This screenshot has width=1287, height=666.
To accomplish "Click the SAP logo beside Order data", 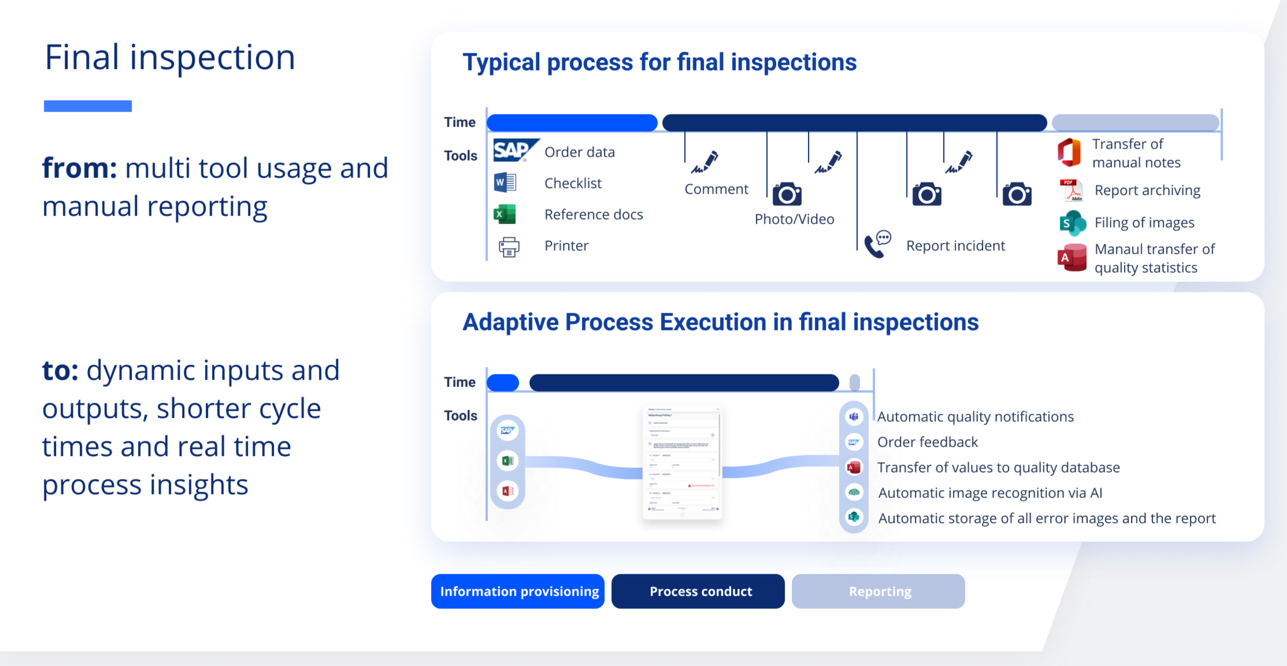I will pyautogui.click(x=514, y=151).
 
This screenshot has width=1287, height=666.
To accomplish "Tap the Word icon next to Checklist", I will pyautogui.click(x=505, y=183).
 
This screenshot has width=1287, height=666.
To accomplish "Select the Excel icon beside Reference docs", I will pyautogui.click(x=505, y=214).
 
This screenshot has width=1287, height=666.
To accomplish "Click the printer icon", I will pyautogui.click(x=509, y=247).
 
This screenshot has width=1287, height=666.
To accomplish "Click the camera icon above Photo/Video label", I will pyautogui.click(x=787, y=195).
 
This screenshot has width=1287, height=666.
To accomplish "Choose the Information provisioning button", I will pyautogui.click(x=518, y=591).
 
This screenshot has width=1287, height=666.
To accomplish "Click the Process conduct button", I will pyautogui.click(x=698, y=591).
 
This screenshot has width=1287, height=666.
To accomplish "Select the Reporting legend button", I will pyautogui.click(x=878, y=591).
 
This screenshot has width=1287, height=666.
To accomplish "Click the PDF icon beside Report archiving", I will pyautogui.click(x=1071, y=190).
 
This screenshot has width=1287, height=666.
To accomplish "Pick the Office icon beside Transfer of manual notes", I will pyautogui.click(x=1069, y=152).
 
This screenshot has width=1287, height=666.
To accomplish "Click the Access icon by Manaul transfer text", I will pyautogui.click(x=1071, y=258).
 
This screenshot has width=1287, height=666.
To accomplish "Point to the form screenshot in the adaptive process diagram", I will pyautogui.click(x=683, y=463).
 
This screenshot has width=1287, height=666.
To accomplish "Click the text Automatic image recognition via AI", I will pyautogui.click(x=990, y=493).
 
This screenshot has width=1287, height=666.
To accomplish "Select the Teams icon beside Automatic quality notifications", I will pyautogui.click(x=854, y=416).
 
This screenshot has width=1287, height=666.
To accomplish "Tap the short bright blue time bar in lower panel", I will pyautogui.click(x=503, y=382).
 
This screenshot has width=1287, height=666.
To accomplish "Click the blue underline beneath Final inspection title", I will pyautogui.click(x=88, y=106).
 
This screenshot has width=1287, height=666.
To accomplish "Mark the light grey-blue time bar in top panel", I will pyautogui.click(x=1135, y=122).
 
